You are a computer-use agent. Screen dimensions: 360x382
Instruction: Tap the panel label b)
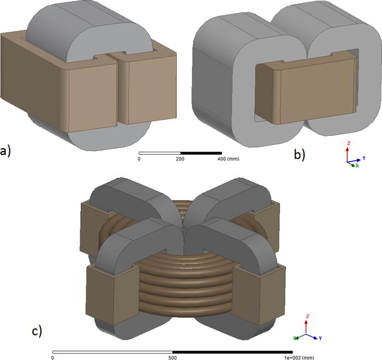299,155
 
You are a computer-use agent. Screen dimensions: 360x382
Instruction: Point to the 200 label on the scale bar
180,159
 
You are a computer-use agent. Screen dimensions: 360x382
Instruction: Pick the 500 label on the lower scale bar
172,358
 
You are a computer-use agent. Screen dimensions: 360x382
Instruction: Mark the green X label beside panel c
295,338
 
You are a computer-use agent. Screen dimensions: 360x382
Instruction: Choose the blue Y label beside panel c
320,338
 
